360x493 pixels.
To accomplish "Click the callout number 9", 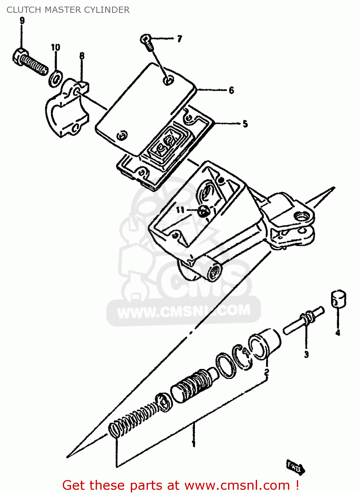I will pyautogui.click(x=22, y=21).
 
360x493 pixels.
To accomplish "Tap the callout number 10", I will pyautogui.click(x=56, y=47).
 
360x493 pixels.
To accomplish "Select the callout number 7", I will pyautogui.click(x=179, y=39).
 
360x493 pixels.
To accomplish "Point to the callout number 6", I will pyautogui.click(x=231, y=90).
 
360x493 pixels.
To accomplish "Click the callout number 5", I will pyautogui.click(x=245, y=124).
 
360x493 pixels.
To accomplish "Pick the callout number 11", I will pyautogui.click(x=180, y=210).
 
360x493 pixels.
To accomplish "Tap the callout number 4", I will pyautogui.click(x=338, y=333).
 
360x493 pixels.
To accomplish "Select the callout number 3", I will pyautogui.click(x=306, y=354).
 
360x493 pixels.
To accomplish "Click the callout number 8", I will pyautogui.click(x=82, y=56).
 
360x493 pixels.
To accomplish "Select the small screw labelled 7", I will pyautogui.click(x=147, y=42).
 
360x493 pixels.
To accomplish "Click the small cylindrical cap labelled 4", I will pyautogui.click(x=338, y=298).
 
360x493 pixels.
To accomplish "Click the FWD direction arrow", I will pyautogui.click(x=295, y=466).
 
